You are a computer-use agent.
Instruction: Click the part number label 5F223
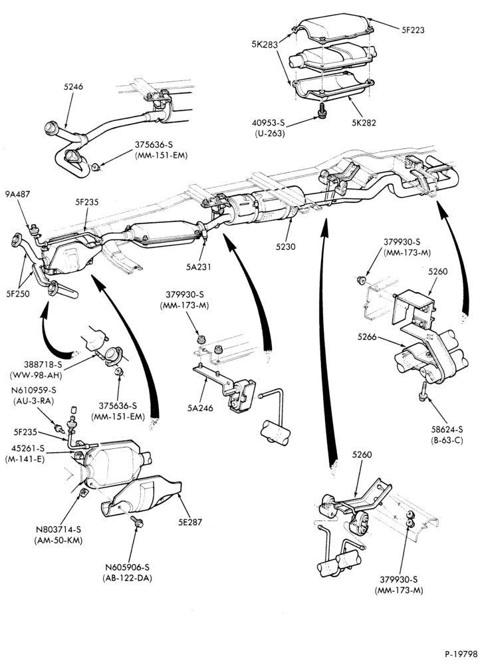point(413,30)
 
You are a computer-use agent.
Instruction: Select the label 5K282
point(364,124)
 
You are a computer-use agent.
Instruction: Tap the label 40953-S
point(269,124)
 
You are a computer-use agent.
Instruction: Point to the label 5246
point(73,87)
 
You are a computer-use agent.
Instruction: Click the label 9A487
point(18,194)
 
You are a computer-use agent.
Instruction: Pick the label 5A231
point(198,267)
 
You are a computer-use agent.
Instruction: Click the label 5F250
point(18,293)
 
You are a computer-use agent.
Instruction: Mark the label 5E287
point(190,523)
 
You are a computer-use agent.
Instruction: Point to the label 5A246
point(201,408)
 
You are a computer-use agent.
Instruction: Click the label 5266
point(367,337)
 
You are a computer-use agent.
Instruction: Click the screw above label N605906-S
point(138,522)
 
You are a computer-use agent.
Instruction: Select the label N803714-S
point(59,529)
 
